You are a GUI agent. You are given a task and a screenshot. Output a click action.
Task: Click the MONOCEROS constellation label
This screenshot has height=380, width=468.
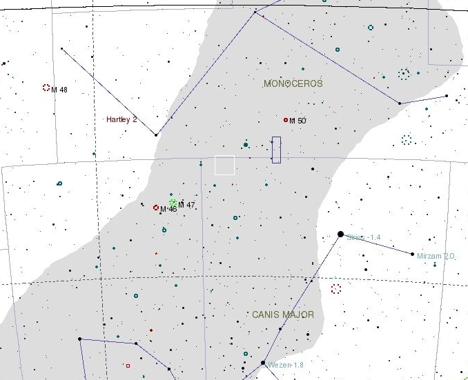click(293, 83)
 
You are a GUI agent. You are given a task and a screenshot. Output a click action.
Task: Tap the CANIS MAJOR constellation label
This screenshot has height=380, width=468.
click(282, 314)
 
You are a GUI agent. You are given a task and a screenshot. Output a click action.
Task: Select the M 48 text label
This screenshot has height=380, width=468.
click(59, 90)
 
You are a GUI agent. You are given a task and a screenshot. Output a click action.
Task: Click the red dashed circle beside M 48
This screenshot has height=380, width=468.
click(46, 88)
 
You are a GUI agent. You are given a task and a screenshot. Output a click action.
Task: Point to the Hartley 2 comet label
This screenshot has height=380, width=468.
click(121, 119)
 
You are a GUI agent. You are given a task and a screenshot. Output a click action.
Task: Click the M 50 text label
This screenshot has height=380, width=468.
click(298, 121)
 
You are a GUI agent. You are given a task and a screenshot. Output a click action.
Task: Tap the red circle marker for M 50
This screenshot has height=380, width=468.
click(285, 120)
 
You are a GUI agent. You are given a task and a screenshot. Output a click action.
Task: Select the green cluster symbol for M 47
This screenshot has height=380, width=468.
click(173, 203)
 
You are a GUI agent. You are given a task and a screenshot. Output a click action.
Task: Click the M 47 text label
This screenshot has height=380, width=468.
click(186, 205)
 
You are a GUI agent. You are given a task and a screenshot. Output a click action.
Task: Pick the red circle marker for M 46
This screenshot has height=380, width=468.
click(156, 207)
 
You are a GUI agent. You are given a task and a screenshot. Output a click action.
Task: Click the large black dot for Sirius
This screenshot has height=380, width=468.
click(340, 234)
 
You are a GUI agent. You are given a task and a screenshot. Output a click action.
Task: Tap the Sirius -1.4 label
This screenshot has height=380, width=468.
click(364, 238)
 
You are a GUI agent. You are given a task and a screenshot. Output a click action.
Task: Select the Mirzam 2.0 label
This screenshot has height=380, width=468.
click(436, 256)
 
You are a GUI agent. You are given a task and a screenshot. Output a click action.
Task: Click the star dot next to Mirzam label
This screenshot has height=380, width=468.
click(413, 254)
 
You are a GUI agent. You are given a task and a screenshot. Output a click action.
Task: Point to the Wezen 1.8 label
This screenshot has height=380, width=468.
click(286, 365)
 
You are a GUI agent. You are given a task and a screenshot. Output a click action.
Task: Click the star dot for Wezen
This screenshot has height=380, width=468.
click(263, 363)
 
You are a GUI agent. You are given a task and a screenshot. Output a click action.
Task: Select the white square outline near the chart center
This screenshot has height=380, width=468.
click(224, 166)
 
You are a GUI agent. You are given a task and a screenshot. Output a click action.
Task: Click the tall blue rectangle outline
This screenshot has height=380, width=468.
click(276, 150)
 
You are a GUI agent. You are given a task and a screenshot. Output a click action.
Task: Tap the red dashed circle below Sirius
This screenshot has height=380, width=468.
click(336, 289)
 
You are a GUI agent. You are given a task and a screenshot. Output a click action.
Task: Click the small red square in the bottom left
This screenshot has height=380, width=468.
click(128, 366)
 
